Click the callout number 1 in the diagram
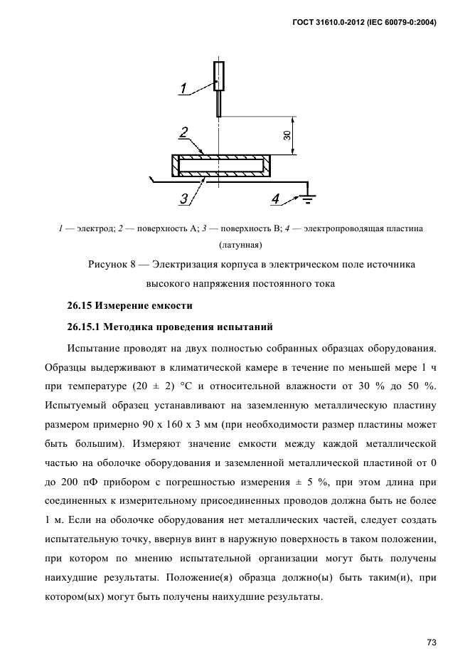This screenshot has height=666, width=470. [183, 89]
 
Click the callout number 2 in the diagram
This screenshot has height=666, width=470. [183, 132]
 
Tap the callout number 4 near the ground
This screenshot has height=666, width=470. [276, 199]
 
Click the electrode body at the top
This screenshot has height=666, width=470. [219, 78]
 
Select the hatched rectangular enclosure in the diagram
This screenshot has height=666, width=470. [220, 166]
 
